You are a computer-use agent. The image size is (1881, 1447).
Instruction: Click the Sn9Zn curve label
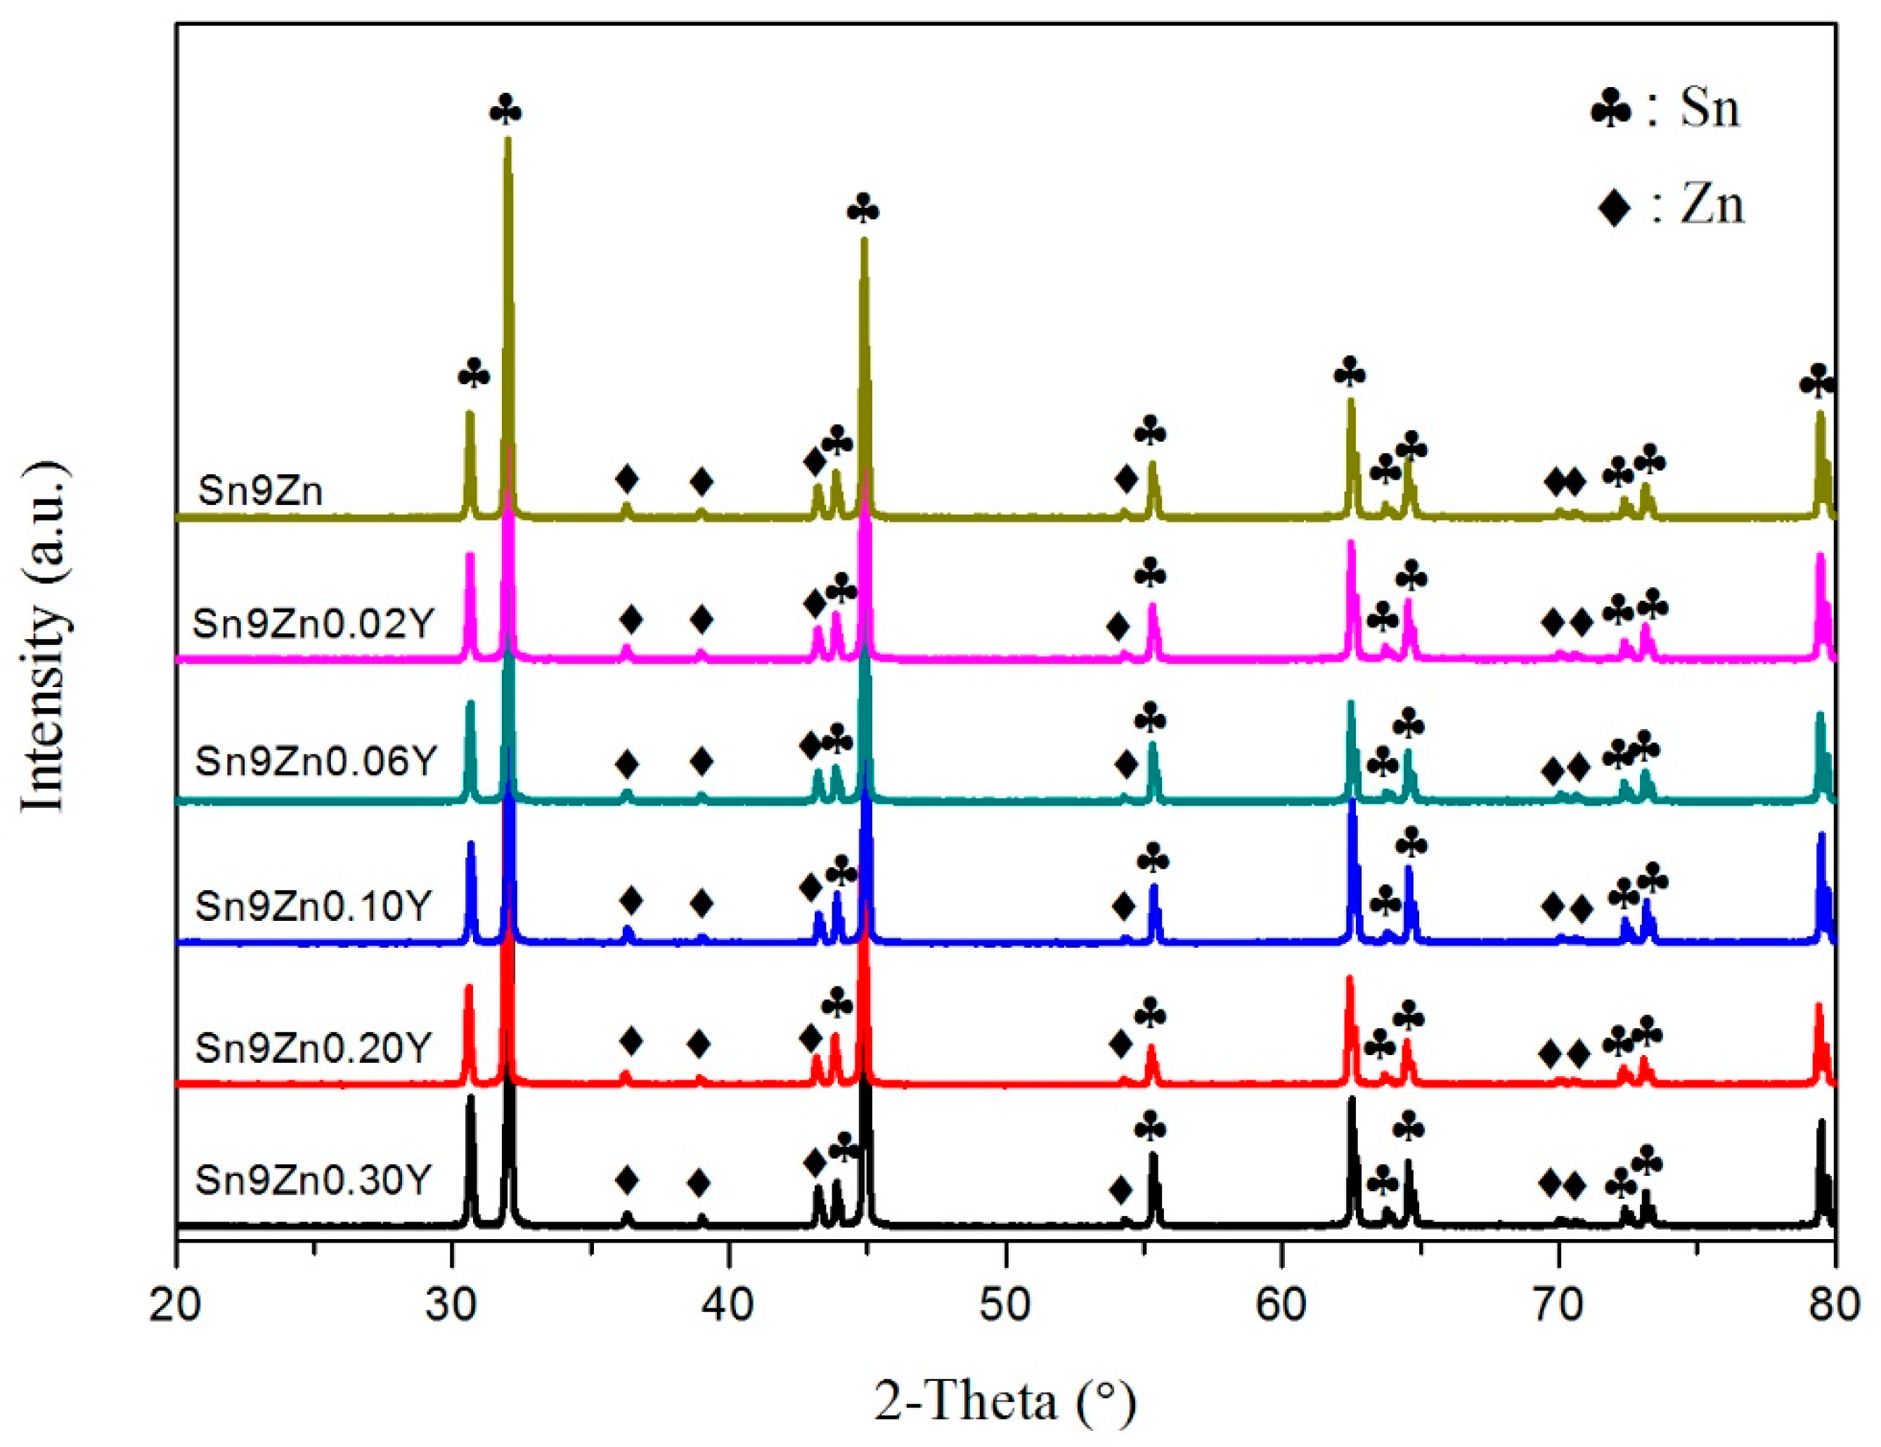click(x=260, y=492)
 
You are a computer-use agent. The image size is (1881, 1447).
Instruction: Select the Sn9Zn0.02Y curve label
click(x=312, y=623)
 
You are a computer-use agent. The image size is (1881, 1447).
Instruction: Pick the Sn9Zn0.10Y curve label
click(x=312, y=905)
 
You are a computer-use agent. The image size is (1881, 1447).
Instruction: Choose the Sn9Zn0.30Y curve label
click(x=312, y=1179)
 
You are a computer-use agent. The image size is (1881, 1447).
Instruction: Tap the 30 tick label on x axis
click(x=451, y=1305)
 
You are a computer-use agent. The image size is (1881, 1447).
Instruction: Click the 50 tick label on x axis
click(x=1005, y=1305)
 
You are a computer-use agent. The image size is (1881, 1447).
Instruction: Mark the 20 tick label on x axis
click(x=176, y=1305)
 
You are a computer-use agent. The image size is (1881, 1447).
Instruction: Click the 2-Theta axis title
click(x=1005, y=1401)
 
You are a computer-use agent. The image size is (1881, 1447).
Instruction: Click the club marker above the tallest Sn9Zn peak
click(x=505, y=111)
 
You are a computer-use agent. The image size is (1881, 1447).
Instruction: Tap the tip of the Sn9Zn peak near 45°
click(x=864, y=241)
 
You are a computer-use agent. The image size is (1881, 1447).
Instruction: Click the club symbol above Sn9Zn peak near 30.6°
click(x=474, y=375)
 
